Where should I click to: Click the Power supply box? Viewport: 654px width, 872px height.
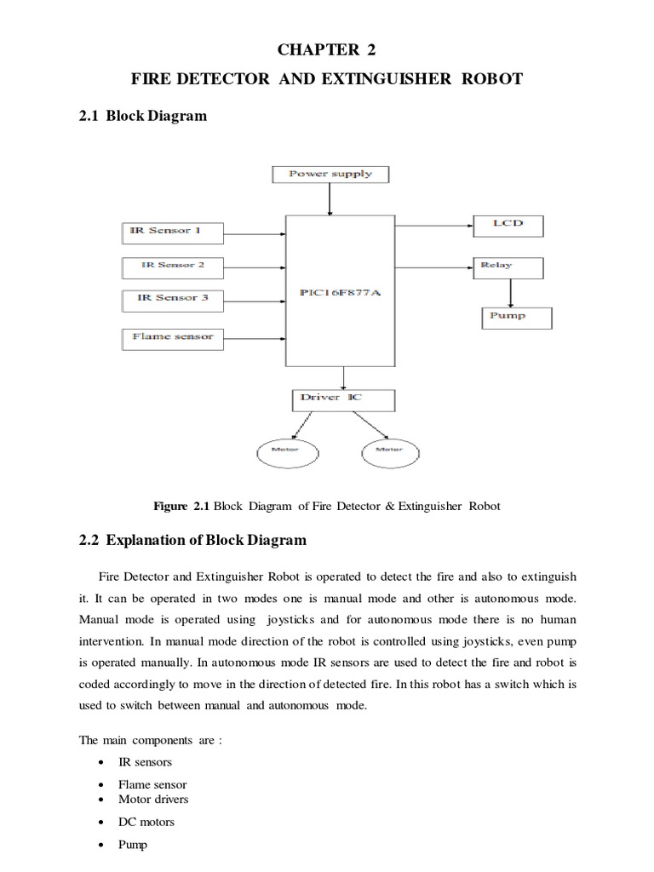coord(330,175)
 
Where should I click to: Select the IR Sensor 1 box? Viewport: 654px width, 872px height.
coord(173,231)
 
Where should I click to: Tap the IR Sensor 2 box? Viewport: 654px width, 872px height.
coord(173,265)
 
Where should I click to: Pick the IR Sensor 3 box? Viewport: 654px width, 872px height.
coord(173,298)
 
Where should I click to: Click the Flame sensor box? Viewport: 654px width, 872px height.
coord(173,337)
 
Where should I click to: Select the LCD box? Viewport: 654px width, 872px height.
coord(508,225)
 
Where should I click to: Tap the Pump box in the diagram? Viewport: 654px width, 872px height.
coord(516,316)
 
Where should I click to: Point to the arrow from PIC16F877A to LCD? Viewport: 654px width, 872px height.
coord(434,227)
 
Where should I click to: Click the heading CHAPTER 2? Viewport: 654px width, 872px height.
coord(327,49)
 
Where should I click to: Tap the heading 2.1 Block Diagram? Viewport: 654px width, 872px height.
coord(142,115)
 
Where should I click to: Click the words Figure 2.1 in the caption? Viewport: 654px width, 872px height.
coord(181,506)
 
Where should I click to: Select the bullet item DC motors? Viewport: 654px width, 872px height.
coord(146,822)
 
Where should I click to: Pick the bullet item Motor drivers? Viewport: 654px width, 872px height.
coord(153,799)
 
